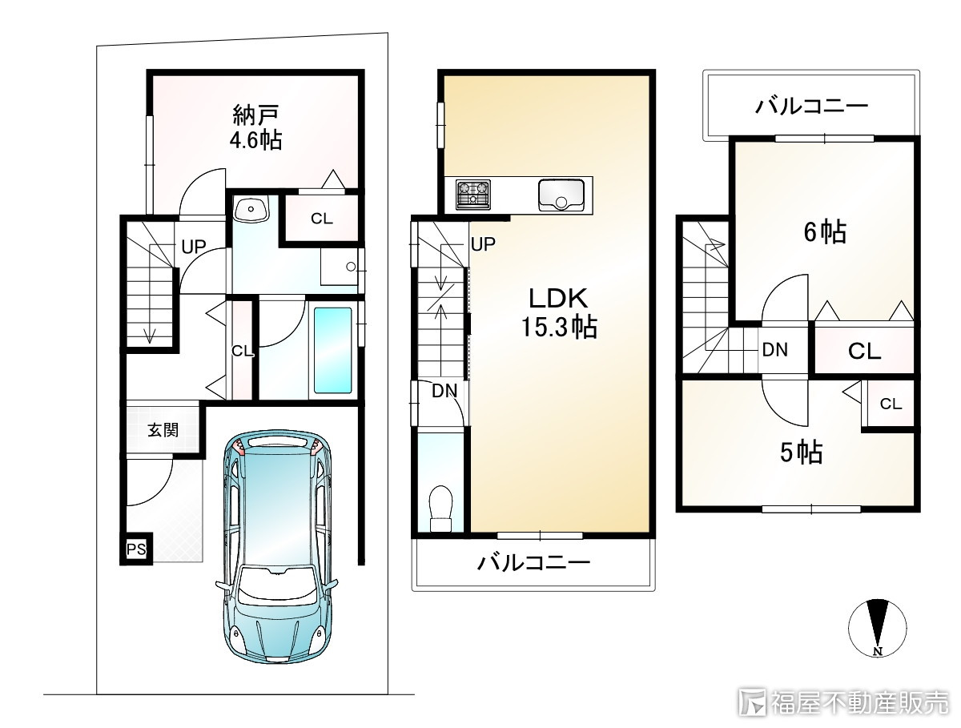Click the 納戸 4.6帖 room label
coord(256,128)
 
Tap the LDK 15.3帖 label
coord(559,312)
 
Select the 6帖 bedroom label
coord(825,231)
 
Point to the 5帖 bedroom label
coord(801,452)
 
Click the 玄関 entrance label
coord(163,430)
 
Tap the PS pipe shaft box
coord(136,549)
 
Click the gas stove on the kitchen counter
coord(472,195)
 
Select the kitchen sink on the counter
coord(561,195)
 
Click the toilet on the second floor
coord(441,509)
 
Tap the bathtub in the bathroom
coord(333,350)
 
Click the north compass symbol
coord(878,628)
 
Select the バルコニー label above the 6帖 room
coord(811,107)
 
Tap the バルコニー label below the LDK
coord(533,563)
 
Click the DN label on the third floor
coord(775,349)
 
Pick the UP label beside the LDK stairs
coord(484,244)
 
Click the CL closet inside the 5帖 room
coord(891,404)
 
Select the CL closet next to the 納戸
coord(322,219)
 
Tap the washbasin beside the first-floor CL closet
coord(251,208)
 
